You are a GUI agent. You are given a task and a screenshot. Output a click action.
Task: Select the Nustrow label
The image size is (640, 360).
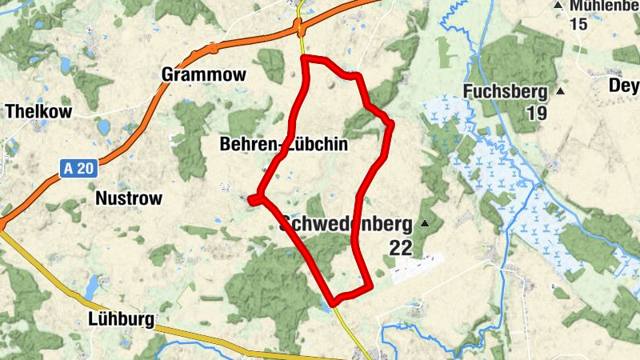point(128,198)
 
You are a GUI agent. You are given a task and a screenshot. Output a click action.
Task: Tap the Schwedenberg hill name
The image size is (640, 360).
point(346,224)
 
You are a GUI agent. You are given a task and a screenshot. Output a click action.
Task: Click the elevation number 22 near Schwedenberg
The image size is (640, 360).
point(401,248)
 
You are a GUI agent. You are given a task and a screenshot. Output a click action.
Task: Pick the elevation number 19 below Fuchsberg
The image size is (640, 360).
point(536,114)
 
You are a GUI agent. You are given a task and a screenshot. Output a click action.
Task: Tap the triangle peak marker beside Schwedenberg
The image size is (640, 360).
point(425,223)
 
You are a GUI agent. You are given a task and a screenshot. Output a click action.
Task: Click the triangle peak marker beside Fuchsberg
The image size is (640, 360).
point(560,90)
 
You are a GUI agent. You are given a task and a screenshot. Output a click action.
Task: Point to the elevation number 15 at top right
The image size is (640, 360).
point(578,24)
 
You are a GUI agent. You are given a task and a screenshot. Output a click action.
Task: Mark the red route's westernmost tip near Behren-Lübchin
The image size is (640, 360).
point(250,200)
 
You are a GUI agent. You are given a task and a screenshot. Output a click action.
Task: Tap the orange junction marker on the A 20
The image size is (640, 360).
point(301,30)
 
